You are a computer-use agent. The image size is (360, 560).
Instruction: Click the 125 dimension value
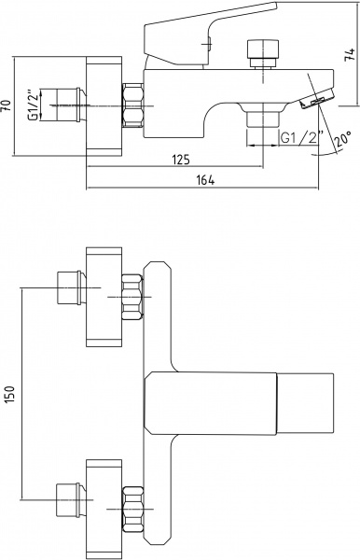pyautogui.click(x=182, y=160)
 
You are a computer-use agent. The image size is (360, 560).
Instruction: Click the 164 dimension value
pyautogui.click(x=206, y=180)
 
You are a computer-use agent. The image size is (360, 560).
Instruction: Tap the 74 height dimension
pyautogui.click(x=351, y=54)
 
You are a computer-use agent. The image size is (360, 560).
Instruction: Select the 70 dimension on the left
pyautogui.click(x=7, y=106)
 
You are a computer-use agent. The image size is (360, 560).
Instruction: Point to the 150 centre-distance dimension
pyautogui.click(x=9, y=394)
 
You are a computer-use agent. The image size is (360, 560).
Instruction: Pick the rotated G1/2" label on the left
pyautogui.click(x=34, y=105)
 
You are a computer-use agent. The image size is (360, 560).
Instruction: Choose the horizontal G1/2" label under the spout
pyautogui.click(x=301, y=137)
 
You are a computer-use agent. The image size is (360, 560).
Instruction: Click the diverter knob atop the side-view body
pyautogui.click(x=263, y=53)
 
